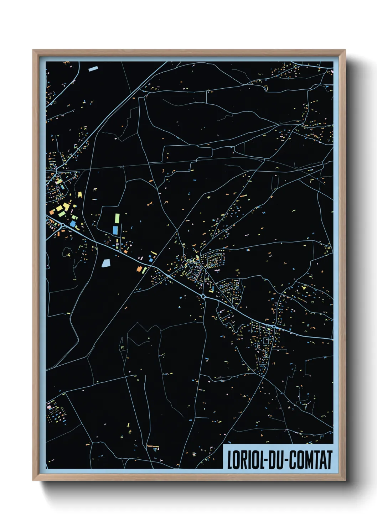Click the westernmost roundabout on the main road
pos(63,225)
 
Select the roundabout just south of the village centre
pos(203,296)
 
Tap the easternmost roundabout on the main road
pos(274,327)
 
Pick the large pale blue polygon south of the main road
pos(106,263)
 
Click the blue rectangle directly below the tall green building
pos(115,230)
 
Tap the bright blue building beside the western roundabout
pos(73,224)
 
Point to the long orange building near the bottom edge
pos(153,445)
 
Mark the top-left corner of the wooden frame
pos(33,50)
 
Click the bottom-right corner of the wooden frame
pos(345,480)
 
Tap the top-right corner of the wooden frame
pos(345,50)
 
